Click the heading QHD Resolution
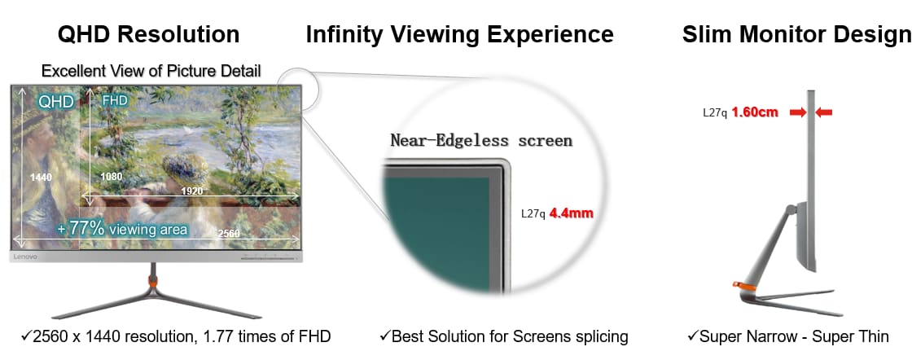coord(148,34)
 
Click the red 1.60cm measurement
coord(755,112)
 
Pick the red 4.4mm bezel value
coord(572,213)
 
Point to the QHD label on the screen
coord(56,103)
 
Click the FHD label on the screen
coord(115,100)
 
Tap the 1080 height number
coord(111,177)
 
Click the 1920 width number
coord(192,191)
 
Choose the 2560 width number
coord(229,234)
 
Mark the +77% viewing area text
coord(122,229)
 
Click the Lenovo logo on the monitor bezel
coord(25,257)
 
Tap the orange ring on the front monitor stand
coord(153,280)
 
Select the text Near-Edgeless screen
coord(481,140)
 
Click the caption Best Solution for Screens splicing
coord(504,336)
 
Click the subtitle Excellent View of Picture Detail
coord(151,71)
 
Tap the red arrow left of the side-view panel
coord(798,113)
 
